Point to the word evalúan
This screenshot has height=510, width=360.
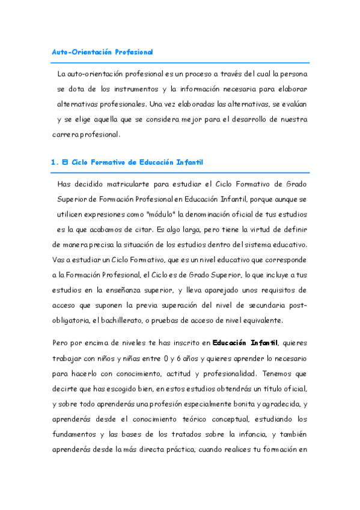click(292, 104)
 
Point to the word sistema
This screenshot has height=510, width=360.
click(264, 245)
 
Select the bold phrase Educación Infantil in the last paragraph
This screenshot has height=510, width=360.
click(246, 343)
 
